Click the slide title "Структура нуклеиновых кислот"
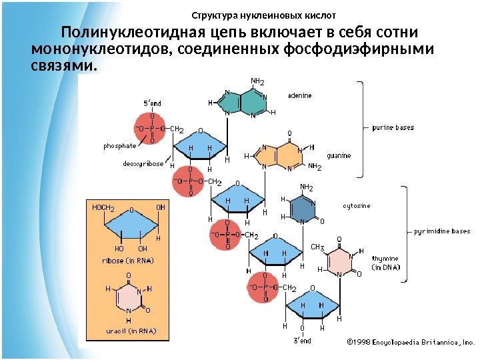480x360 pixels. point(264,15)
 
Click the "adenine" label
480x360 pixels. point(299,95)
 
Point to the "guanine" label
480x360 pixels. point(338,155)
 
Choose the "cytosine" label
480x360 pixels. point(356,206)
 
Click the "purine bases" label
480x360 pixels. point(393,127)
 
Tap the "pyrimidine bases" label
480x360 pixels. point(441,231)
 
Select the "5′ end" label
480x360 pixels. point(153,103)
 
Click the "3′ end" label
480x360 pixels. point(303,341)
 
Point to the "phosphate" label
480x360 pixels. point(119,145)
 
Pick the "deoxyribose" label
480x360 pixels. point(143,163)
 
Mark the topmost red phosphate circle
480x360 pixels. point(152,129)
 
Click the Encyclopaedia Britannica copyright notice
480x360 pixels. point(409,341)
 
